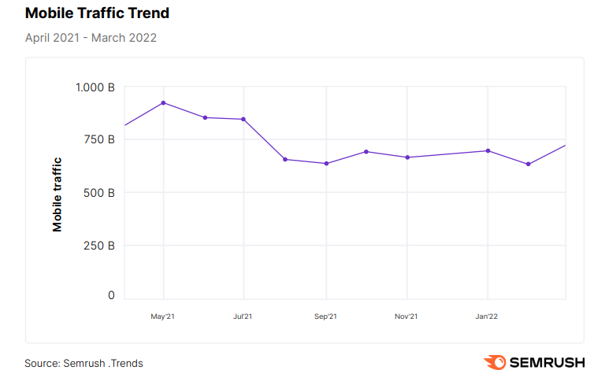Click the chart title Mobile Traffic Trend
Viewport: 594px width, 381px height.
tap(97, 13)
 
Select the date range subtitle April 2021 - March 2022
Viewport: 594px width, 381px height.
tap(91, 38)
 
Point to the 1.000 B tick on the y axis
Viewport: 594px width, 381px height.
tap(95, 87)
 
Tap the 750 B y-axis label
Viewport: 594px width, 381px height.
tap(98, 140)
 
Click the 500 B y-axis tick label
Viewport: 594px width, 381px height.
tap(98, 192)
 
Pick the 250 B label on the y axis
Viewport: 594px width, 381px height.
tap(98, 245)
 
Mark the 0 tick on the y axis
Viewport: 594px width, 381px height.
tap(111, 296)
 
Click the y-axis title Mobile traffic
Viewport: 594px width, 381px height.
tap(58, 194)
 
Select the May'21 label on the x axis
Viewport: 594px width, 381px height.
tap(163, 316)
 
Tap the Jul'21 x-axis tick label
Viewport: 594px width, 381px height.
tap(243, 316)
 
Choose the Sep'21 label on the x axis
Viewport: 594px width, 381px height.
tap(325, 316)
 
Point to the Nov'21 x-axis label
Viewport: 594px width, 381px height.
tap(407, 316)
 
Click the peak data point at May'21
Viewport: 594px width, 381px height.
tap(163, 102)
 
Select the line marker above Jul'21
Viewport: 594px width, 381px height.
tap(243, 119)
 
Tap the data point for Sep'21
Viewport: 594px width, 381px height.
tap(325, 164)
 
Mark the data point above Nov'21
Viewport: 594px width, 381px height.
tap(407, 157)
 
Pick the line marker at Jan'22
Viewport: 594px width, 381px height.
tap(488, 150)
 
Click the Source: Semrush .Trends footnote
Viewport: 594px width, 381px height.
tap(84, 363)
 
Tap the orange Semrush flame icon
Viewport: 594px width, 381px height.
tap(495, 362)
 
